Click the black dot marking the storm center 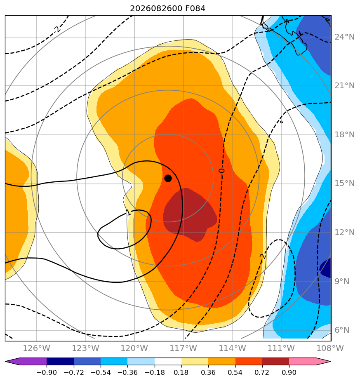click(x=168, y=179)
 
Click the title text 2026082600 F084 click(x=168, y=9)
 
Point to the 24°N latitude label click(x=344, y=37)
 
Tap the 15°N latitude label click(x=344, y=183)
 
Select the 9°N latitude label click(x=342, y=281)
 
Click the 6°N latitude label click(x=342, y=330)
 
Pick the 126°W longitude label click(x=37, y=348)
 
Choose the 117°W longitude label click(x=183, y=348)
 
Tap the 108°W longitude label click(x=330, y=348)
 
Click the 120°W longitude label click(x=134, y=348)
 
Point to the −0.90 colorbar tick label click(x=47, y=372)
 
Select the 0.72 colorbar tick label click(x=262, y=372)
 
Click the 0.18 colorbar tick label click(x=181, y=372)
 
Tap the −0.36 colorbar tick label click(x=127, y=372)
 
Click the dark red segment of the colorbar click(x=275, y=361)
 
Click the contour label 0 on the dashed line click(x=221, y=171)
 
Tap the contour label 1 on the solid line click(x=128, y=213)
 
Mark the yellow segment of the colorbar click(x=195, y=361)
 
